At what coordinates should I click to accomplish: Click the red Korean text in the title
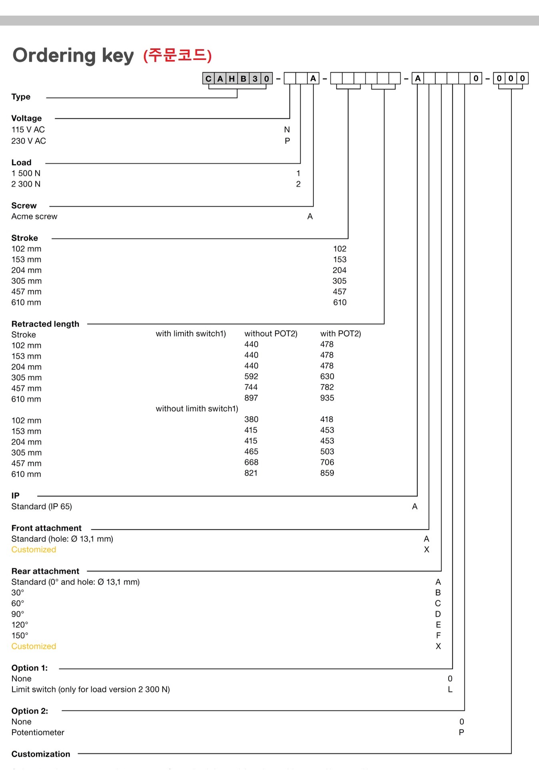pos(178,56)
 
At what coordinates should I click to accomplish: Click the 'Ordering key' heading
pos(73,56)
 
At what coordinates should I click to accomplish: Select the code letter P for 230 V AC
pos(287,141)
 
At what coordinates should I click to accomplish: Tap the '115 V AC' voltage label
pos(28,130)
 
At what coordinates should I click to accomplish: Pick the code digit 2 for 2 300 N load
pos(298,184)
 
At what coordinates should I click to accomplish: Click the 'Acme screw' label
pos(34,216)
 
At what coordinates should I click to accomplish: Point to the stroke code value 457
pos(339,291)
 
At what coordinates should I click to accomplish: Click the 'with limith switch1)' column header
pos(191,333)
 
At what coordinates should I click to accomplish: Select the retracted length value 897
pos(251,398)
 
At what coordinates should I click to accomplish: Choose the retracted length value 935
pos(327,398)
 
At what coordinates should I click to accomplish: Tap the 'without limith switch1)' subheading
pos(197,409)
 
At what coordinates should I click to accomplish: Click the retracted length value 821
pos(251,473)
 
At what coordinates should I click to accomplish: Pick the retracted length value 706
pos(327,462)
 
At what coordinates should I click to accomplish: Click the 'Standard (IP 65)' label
pos(42,507)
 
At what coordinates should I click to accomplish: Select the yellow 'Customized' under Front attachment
pos(34,550)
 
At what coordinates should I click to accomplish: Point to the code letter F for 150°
pos(438,635)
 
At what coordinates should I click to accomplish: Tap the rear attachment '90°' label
pos(18,614)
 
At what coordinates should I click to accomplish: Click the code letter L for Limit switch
pos(450,689)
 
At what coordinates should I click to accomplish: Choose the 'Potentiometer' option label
pos(38,732)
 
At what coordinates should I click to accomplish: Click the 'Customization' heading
pos(41,754)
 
